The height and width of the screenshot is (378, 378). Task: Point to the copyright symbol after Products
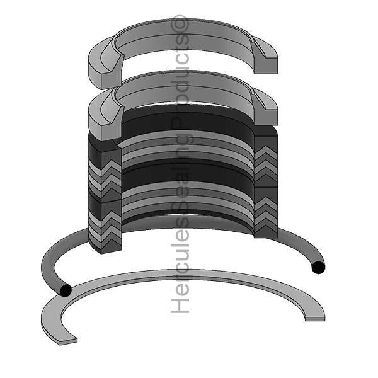pos(181,23)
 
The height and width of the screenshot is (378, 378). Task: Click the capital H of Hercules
pos(181,305)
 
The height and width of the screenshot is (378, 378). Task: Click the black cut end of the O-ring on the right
pos(318,268)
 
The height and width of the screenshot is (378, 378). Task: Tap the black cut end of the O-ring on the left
pos(64,290)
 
